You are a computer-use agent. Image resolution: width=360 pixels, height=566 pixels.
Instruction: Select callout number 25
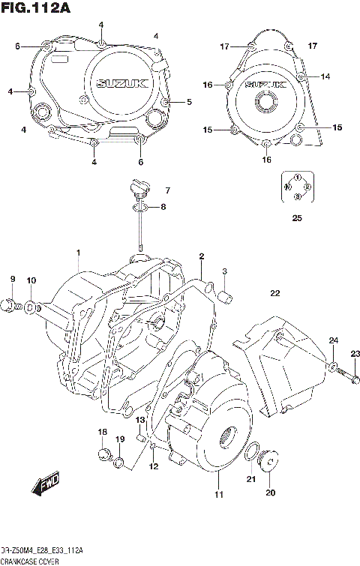(297, 219)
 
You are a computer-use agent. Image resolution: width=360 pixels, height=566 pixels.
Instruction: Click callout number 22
(275, 293)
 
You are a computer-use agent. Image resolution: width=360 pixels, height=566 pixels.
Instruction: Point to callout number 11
(218, 494)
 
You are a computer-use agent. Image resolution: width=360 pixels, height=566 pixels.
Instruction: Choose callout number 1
(77, 253)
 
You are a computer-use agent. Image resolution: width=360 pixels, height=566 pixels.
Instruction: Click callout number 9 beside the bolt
(13, 280)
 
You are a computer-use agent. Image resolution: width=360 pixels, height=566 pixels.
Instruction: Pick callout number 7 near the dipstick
(167, 190)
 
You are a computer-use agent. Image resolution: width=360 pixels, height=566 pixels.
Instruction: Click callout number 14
(325, 76)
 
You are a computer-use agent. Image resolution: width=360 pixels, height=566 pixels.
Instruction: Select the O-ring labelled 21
(253, 452)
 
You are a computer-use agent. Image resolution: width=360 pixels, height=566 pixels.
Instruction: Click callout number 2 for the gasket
(201, 257)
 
